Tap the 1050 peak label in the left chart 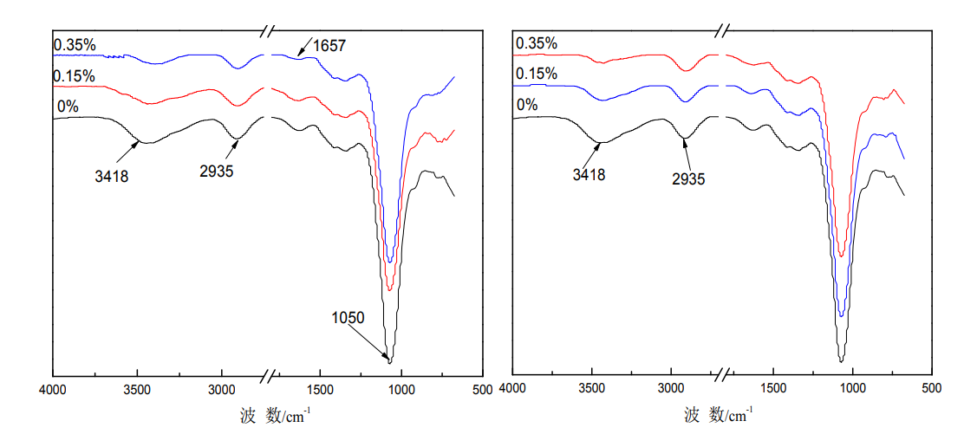[x=348, y=318]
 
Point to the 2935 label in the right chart [x=688, y=178]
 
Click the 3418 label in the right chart [x=589, y=175]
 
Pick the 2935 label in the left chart [x=216, y=172]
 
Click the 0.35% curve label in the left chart [x=74, y=44]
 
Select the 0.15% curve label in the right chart [x=536, y=74]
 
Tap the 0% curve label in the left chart [x=68, y=107]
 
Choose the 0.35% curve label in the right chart [x=536, y=43]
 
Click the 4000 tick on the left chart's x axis [x=54, y=390]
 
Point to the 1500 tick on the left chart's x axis [x=320, y=390]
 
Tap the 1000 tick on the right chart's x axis [x=853, y=390]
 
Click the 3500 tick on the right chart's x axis [x=592, y=390]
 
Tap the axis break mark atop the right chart [x=722, y=30]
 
